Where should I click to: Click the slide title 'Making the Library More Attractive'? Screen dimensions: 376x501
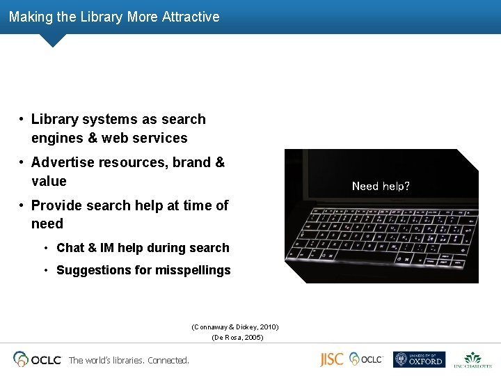[x=114, y=17]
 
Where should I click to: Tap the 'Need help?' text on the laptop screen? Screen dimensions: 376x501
[x=381, y=186]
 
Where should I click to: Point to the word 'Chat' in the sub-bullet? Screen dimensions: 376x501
[x=70, y=248]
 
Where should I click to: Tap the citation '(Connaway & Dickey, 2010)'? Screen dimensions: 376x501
[x=234, y=327]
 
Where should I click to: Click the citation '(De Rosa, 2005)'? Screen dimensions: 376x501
[x=237, y=338]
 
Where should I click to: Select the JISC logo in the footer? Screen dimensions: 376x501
[x=331, y=359]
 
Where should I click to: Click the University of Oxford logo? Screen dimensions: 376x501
[x=418, y=359]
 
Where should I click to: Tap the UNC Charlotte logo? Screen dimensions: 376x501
[x=472, y=359]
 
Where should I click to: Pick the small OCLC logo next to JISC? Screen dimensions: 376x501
[x=366, y=359]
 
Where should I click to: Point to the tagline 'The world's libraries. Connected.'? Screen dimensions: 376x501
[x=129, y=361]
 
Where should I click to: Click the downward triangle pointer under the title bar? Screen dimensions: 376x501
[x=52, y=40]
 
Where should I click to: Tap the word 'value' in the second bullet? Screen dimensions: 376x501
[x=49, y=181]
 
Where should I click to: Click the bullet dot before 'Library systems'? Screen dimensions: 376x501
[x=23, y=120]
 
